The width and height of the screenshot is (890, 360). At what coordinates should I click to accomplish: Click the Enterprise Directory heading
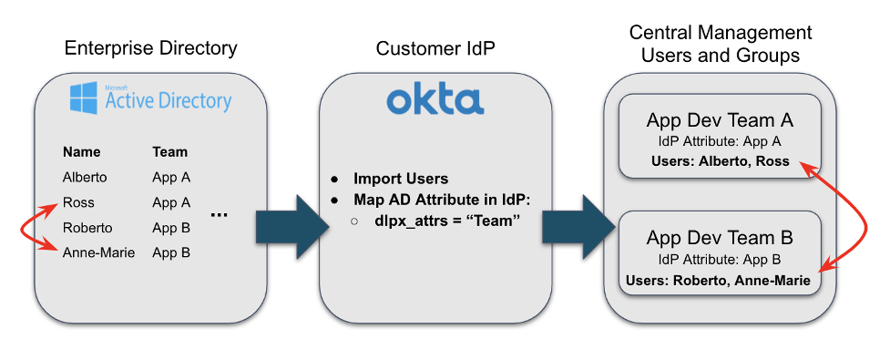(150, 47)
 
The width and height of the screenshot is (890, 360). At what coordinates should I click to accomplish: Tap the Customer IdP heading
(435, 47)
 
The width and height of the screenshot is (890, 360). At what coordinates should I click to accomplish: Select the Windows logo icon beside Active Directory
(85, 97)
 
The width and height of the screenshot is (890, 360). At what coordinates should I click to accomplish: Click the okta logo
(435, 99)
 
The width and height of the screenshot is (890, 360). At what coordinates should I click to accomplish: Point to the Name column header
(81, 152)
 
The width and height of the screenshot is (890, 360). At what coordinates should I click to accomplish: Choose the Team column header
(170, 152)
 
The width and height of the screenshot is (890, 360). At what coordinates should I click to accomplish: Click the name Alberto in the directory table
(85, 177)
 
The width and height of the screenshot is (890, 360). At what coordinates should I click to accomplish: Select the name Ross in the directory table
(78, 202)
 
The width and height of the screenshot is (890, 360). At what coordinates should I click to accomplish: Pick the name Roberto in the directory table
(87, 228)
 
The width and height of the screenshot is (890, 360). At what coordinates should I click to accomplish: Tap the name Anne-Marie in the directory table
(98, 252)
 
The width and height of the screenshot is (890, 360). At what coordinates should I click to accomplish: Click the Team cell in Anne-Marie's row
(171, 252)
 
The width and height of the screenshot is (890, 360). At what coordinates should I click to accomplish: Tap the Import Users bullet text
(401, 179)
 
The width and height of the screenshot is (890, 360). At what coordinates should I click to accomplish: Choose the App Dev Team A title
(720, 120)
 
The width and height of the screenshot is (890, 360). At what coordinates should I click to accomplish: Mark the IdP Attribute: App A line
(720, 141)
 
